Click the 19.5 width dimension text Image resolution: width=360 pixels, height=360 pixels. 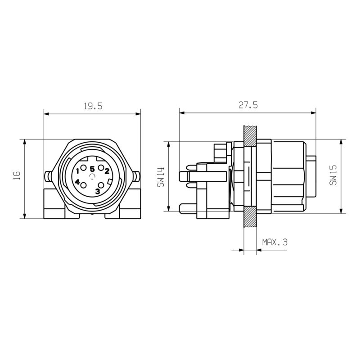point(93,106)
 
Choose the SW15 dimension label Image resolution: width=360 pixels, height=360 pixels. point(333,175)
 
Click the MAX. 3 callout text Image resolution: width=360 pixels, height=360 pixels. point(274,242)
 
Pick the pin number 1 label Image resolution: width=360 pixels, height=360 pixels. point(78,171)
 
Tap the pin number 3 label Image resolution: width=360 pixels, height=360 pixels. point(98,191)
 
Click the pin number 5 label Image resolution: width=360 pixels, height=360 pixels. point(92,169)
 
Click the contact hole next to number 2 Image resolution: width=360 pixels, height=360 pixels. point(101,169)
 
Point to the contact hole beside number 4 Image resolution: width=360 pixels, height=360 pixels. point(83,185)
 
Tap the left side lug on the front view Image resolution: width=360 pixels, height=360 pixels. point(47,175)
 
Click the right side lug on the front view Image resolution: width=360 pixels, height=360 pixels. point(137,175)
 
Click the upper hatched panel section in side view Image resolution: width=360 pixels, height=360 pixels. point(249,135)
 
